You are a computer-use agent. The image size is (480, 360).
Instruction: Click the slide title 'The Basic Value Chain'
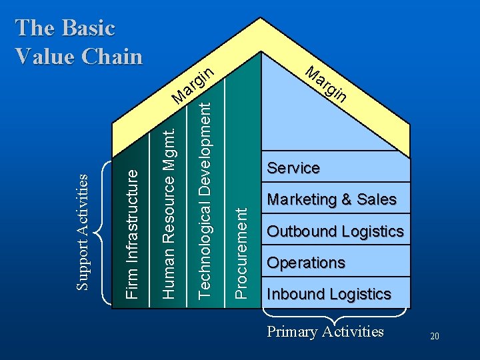pyautogui.click(x=79, y=42)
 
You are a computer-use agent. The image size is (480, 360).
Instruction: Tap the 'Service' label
pyautogui.click(x=293, y=168)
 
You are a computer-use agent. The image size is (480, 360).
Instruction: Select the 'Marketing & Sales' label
pyautogui.click(x=331, y=199)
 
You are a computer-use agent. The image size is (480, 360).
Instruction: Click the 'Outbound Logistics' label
pyautogui.click(x=335, y=231)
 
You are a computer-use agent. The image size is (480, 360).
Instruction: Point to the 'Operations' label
pyautogui.click(x=306, y=263)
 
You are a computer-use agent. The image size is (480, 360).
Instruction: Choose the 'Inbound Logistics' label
pyautogui.click(x=329, y=294)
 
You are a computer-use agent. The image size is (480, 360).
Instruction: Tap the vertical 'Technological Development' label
pyautogui.click(x=206, y=194)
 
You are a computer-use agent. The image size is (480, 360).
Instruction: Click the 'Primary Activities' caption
pyautogui.click(x=325, y=331)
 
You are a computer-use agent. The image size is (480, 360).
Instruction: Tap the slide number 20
pyautogui.click(x=435, y=337)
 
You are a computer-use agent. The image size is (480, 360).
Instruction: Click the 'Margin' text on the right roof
pyautogui.click(x=326, y=84)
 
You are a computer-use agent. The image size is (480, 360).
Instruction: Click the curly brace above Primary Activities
pyautogui.click(x=335, y=313)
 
